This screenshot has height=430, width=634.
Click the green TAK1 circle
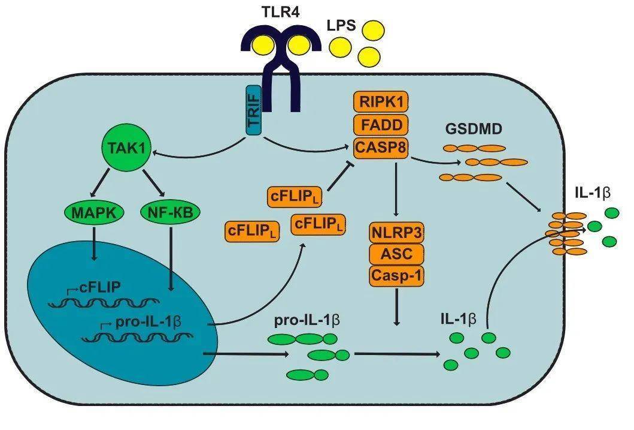pyautogui.click(x=126, y=148)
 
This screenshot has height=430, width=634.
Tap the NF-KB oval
pyautogui.click(x=170, y=212)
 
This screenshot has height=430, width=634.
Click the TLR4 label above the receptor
pyautogui.click(x=280, y=11)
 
